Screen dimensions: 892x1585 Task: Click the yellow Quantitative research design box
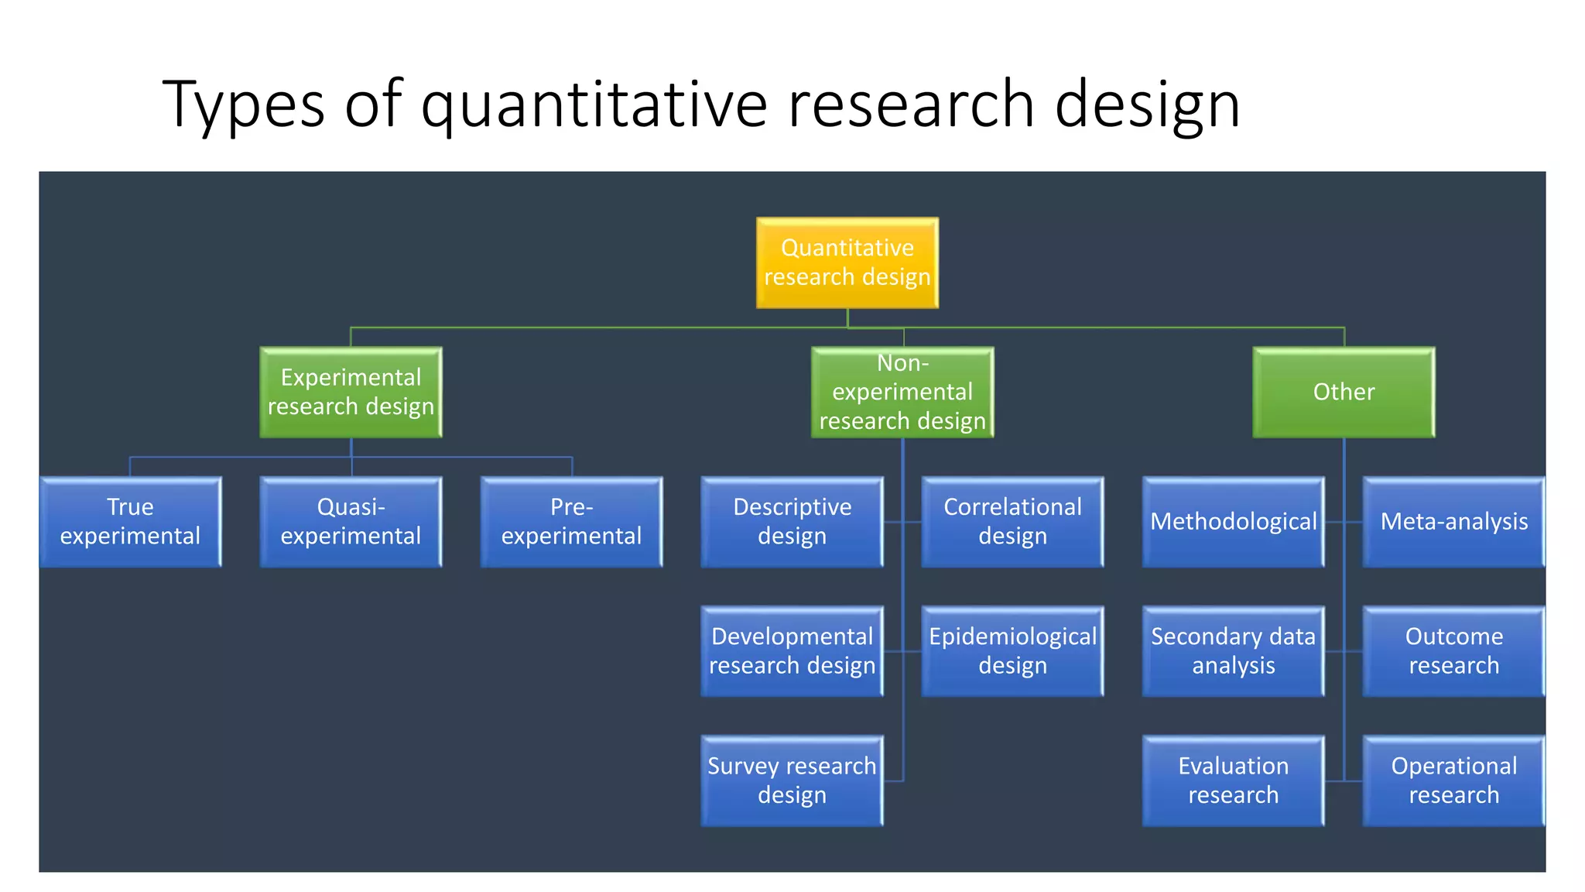tap(847, 262)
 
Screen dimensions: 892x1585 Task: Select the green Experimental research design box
tap(351, 392)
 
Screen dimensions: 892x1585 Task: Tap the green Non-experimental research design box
tap(902, 392)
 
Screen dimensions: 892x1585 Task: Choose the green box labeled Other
tap(1344, 392)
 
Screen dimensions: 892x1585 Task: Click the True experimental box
tap(130, 521)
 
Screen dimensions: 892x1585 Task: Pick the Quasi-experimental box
tap(351, 521)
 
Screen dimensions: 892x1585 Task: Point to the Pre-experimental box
tap(571, 521)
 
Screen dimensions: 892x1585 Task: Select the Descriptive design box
tap(792, 521)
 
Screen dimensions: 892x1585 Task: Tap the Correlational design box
tap(1012, 521)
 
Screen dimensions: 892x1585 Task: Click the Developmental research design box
tap(792, 650)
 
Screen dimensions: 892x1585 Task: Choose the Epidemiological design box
tap(1012, 650)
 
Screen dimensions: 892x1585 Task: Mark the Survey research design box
tap(792, 780)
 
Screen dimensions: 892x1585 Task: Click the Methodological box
tap(1233, 521)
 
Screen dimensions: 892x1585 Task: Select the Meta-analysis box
tap(1453, 521)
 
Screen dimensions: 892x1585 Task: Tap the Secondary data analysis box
tap(1233, 650)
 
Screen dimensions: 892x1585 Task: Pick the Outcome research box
tap(1453, 650)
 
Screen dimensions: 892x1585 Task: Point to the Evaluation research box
tap(1233, 780)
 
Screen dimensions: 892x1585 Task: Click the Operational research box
tap(1453, 780)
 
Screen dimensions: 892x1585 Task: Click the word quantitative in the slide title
tap(594, 105)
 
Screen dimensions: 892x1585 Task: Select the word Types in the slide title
tap(243, 105)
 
